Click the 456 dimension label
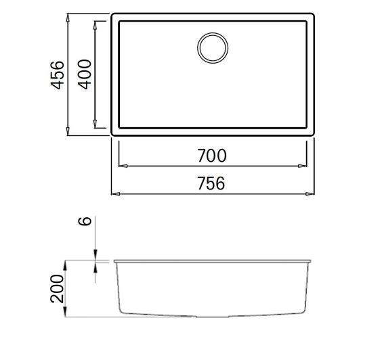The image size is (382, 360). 58,74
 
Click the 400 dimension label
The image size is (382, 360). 84,74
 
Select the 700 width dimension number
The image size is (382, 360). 213,156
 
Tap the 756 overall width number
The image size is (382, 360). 213,183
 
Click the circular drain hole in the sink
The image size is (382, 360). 213,47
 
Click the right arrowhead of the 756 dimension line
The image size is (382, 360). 312,194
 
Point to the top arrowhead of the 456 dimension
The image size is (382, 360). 68,16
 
